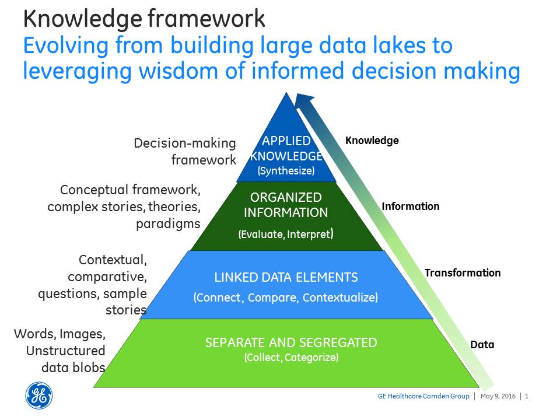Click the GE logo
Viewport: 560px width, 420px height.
39,395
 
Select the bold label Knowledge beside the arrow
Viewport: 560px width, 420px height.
372,141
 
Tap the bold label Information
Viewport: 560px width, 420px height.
410,206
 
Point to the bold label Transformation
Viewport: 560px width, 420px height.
463,273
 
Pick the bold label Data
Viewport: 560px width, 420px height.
482,345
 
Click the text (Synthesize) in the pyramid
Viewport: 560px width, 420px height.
286,171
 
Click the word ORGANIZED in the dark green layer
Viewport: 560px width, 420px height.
286,197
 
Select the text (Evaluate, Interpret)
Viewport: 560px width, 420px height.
286,234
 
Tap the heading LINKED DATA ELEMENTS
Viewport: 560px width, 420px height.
286,278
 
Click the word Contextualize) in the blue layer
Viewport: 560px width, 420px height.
340,297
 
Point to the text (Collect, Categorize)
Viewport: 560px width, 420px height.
291,358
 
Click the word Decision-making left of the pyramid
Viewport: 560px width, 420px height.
185,143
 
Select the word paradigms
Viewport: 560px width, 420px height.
168,224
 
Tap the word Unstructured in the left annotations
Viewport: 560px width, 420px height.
66,351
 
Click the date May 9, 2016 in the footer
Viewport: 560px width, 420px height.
498,396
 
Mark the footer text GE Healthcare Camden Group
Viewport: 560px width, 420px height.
423,396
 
